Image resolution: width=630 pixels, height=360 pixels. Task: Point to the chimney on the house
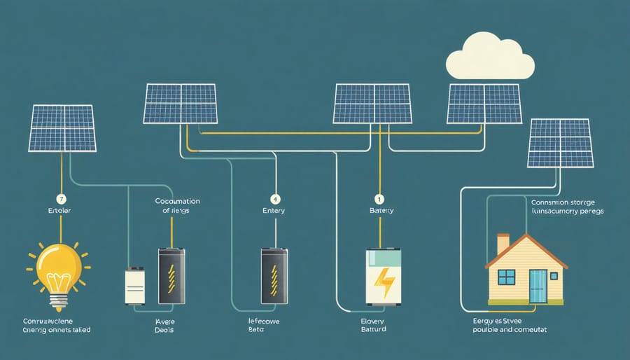503,244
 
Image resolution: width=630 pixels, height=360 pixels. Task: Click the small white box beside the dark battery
135,286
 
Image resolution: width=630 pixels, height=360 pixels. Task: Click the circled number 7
61,198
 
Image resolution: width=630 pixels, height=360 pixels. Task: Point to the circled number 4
274,198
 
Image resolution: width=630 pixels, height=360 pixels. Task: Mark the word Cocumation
177,200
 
